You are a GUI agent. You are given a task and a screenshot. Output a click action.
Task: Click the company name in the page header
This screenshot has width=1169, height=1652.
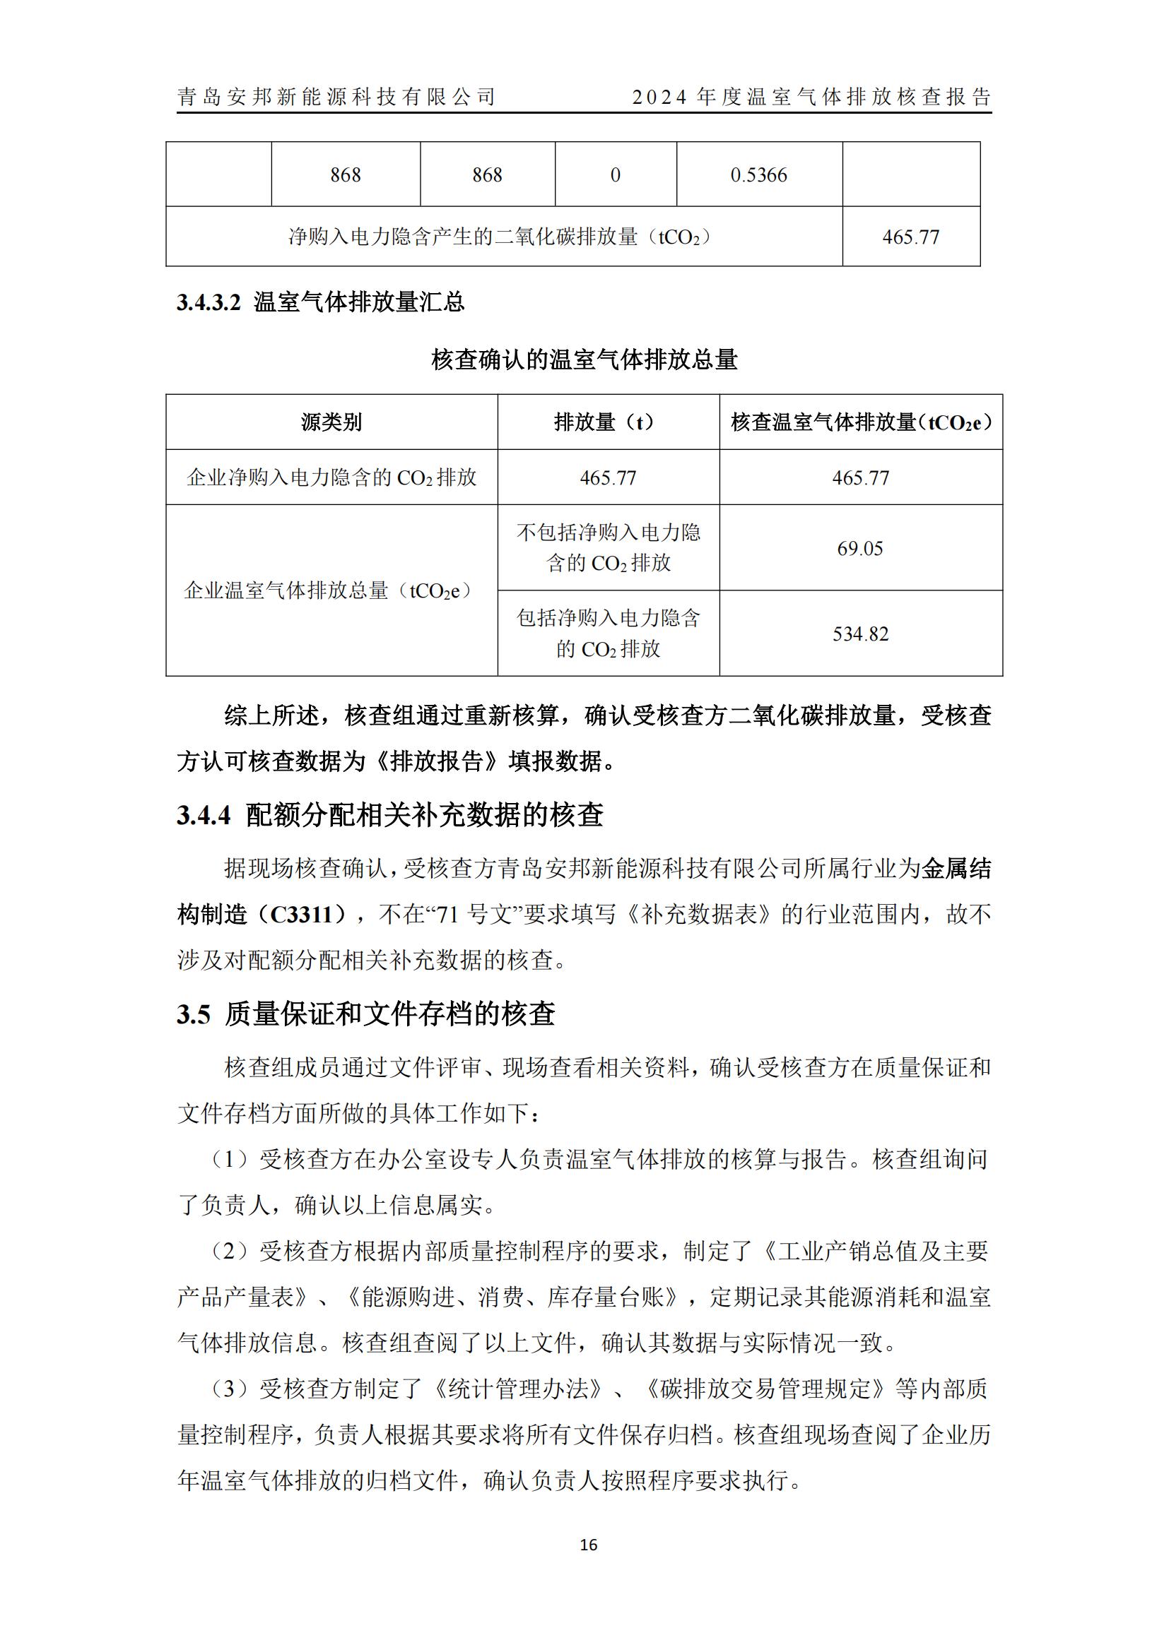click(x=336, y=97)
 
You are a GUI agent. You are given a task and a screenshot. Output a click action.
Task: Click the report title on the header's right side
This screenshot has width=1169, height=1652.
click(x=811, y=97)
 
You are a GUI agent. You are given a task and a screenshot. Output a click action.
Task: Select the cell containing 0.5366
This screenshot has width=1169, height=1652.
click(x=758, y=175)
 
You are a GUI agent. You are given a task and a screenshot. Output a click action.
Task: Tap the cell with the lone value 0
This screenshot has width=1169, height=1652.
click(x=615, y=175)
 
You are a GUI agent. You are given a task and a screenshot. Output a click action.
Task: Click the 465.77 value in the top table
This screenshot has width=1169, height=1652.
click(x=910, y=237)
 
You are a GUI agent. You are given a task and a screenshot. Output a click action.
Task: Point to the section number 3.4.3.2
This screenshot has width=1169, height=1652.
click(x=208, y=302)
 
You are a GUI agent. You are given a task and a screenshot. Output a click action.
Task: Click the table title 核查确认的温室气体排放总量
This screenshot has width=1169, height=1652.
click(x=584, y=359)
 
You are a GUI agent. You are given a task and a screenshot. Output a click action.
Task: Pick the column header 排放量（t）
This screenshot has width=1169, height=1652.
click(x=608, y=422)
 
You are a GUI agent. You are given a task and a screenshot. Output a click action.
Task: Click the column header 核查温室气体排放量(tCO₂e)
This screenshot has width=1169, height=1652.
click(x=861, y=422)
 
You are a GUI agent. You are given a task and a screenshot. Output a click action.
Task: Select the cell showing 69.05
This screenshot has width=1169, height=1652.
click(x=859, y=548)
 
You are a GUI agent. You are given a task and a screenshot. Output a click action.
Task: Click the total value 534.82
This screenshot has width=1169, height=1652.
click(x=860, y=634)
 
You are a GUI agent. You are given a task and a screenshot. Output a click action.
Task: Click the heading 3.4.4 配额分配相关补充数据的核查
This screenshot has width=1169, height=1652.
click(x=389, y=814)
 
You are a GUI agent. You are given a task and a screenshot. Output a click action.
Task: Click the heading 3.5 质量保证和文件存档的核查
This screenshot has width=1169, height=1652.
click(x=365, y=1014)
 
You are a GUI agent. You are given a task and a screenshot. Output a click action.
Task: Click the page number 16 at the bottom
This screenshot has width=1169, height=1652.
click(x=588, y=1545)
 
